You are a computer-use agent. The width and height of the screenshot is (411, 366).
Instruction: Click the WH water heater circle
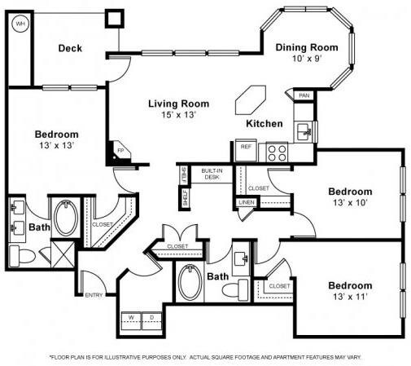20,24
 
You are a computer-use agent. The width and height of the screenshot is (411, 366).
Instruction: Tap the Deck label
69,48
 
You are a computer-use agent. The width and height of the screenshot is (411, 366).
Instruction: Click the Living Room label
178,104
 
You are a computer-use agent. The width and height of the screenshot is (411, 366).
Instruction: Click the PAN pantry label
304,95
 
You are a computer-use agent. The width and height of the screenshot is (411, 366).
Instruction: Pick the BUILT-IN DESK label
212,173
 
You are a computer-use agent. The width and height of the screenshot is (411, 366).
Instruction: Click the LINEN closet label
246,201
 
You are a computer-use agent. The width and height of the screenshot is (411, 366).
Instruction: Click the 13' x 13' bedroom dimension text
56,147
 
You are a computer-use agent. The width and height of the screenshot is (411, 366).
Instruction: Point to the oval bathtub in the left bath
65,218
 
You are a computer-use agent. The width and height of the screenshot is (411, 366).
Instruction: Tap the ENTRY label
94,295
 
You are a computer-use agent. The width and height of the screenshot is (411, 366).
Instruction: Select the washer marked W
130,316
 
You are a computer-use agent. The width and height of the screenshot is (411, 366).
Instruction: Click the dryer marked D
151,316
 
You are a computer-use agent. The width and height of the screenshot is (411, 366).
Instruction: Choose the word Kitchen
265,124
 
